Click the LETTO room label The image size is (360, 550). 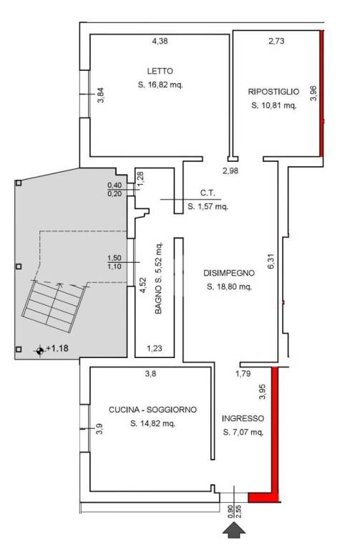(x=160, y=71)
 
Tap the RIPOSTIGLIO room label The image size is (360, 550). (x=274, y=92)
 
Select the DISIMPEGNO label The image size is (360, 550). (x=229, y=273)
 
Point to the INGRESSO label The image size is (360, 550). (x=243, y=418)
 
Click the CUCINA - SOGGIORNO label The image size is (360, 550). (x=153, y=410)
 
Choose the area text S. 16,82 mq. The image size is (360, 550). (x=160, y=85)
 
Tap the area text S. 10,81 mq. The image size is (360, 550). (x=274, y=105)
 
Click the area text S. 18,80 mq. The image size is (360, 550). (x=230, y=286)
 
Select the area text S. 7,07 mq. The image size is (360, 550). (x=243, y=432)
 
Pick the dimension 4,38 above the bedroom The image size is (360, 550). (x=160, y=41)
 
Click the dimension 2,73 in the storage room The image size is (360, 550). (x=276, y=41)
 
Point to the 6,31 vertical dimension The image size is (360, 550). (x=271, y=261)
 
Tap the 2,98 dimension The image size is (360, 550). (x=230, y=171)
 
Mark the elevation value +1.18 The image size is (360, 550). (x=57, y=348)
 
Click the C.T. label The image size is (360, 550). (x=208, y=193)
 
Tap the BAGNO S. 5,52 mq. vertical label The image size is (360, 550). (x=158, y=278)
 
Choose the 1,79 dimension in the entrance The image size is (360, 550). (x=243, y=374)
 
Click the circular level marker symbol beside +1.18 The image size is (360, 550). (x=40, y=350)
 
